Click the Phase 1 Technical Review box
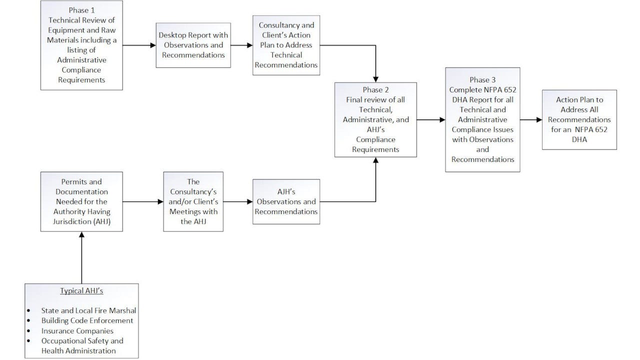click(x=81, y=45)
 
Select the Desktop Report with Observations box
click(x=193, y=45)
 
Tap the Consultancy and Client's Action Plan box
click(x=286, y=45)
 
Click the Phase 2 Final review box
click(x=375, y=119)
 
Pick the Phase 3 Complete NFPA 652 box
click(x=482, y=119)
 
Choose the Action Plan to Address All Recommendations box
click(x=579, y=119)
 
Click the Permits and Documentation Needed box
click(x=81, y=201)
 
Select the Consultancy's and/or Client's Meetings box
click(x=193, y=201)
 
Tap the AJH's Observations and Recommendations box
click(x=286, y=202)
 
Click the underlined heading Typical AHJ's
click(x=81, y=290)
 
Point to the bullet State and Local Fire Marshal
click(x=88, y=310)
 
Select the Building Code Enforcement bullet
click(x=87, y=320)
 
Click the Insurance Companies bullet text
click(x=77, y=330)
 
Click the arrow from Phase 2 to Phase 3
click(x=430, y=119)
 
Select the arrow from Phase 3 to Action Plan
click(x=531, y=119)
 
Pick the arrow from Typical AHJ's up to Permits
click(x=81, y=257)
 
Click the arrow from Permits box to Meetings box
click(x=143, y=201)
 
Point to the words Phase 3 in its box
click(x=482, y=80)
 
